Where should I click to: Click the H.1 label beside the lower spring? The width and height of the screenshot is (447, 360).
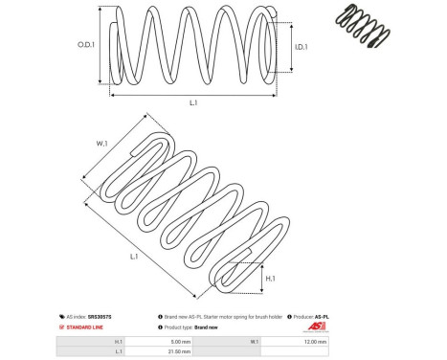pyautogui.click(x=271, y=277)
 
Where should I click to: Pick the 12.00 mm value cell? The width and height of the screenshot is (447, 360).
pyautogui.click(x=315, y=341)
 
